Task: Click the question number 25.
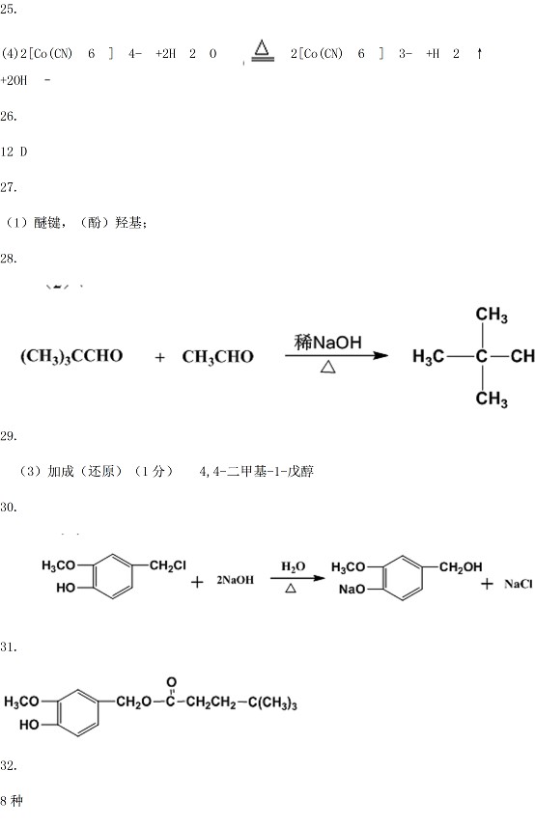(x=9, y=9)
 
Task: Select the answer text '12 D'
(x=14, y=151)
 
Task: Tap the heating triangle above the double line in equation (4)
(x=262, y=48)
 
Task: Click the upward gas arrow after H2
(x=479, y=53)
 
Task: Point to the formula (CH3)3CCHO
(x=71, y=357)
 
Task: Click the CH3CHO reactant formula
(x=217, y=357)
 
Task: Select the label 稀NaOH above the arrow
(x=327, y=343)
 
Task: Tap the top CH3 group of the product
(x=492, y=315)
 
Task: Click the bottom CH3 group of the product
(x=492, y=399)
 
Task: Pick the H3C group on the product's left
(x=428, y=357)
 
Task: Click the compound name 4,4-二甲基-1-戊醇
(x=256, y=471)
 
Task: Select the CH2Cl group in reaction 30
(x=168, y=565)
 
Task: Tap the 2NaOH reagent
(x=235, y=580)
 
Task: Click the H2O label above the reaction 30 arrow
(x=293, y=566)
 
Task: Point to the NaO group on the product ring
(x=352, y=589)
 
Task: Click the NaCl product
(x=519, y=584)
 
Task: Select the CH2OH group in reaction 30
(x=461, y=566)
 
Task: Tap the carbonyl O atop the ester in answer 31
(x=171, y=683)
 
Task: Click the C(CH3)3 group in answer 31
(x=272, y=702)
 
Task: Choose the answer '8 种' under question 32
(x=12, y=801)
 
